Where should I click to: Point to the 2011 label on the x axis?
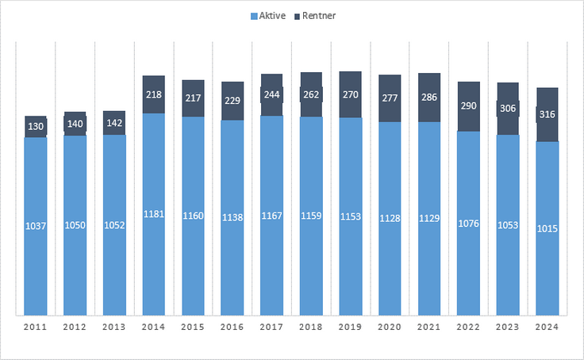[x=36, y=327]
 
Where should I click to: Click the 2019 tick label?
[x=351, y=327]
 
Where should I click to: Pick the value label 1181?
[x=154, y=213]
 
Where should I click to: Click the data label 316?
[x=547, y=114]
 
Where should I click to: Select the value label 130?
[x=36, y=126]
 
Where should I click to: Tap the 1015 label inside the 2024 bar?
[x=547, y=228]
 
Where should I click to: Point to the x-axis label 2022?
[x=469, y=327]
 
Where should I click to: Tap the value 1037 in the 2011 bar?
[x=36, y=226]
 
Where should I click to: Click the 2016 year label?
[x=232, y=327]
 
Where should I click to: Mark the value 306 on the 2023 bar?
[x=508, y=109]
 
